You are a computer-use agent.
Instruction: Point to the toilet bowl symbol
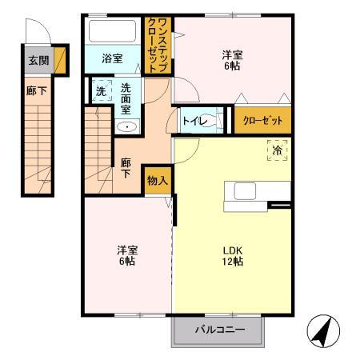(x=210, y=122)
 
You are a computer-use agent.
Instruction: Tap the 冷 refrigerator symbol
(x=277, y=150)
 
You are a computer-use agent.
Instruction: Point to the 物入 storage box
(x=157, y=180)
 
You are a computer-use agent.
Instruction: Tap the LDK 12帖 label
(x=233, y=255)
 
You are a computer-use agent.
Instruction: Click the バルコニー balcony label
(x=216, y=329)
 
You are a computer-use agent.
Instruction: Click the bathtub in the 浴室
(x=113, y=32)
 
